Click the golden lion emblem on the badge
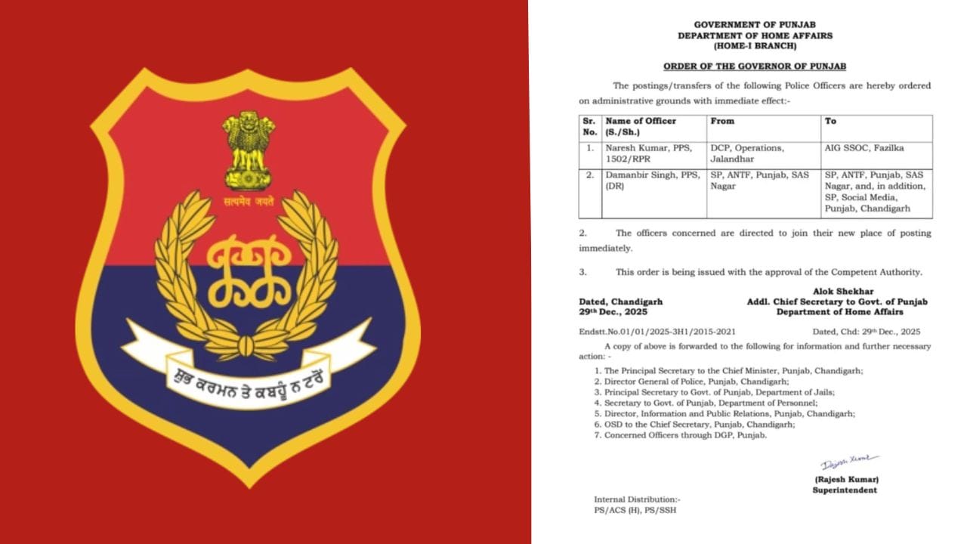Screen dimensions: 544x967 point(249,149)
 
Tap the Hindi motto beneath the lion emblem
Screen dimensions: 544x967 point(249,201)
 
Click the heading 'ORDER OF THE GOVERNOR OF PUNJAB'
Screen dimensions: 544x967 point(755,66)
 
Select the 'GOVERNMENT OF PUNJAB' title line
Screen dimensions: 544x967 point(755,25)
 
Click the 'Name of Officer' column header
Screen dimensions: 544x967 point(641,121)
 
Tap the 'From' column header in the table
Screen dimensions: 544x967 point(722,121)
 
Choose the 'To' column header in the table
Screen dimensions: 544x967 point(831,121)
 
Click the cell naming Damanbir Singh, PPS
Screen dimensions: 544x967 point(641,180)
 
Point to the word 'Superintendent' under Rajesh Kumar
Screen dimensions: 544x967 point(845,490)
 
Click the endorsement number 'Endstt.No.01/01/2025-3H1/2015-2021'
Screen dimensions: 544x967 point(657,331)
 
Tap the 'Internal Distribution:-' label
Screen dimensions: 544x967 point(637,499)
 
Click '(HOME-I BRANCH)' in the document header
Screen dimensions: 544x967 point(755,46)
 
